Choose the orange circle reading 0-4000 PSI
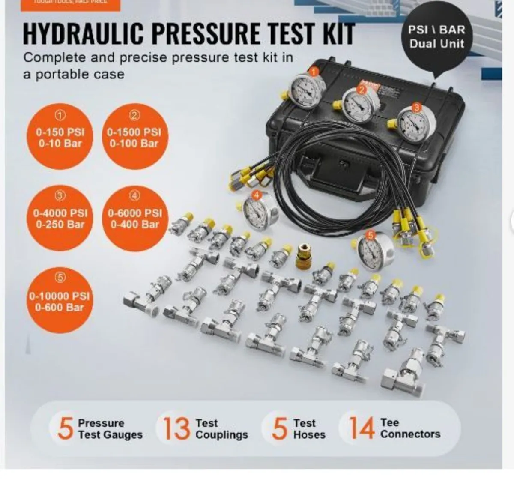point(60,217)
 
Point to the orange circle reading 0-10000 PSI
point(60,300)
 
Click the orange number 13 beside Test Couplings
point(176,428)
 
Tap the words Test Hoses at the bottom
point(309,429)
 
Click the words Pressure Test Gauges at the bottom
point(110,429)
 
